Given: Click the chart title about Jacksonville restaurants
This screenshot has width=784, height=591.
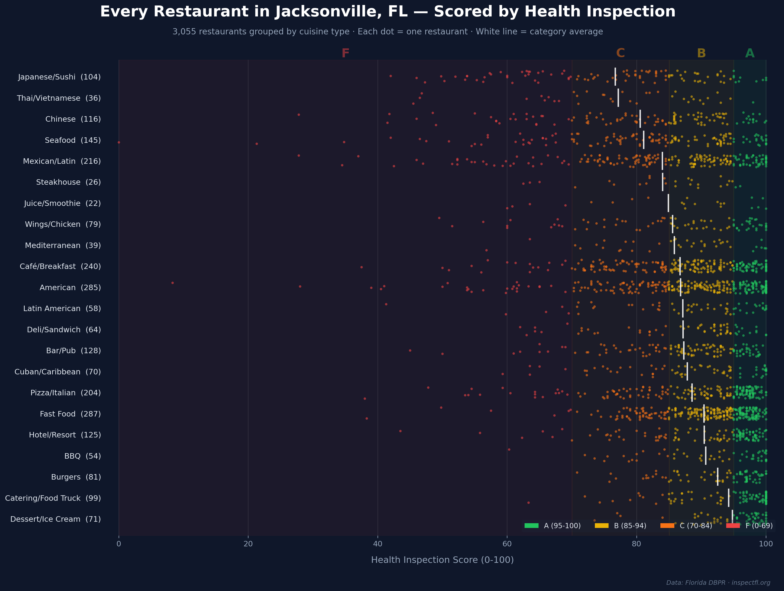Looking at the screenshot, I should point(388,12).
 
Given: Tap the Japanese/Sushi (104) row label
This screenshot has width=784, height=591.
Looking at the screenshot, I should point(59,77).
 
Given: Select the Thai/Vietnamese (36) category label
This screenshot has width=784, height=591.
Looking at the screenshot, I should point(59,98).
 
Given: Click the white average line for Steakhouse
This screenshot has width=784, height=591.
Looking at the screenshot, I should point(662,182).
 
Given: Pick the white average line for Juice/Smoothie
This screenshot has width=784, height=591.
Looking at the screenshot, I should point(668,203).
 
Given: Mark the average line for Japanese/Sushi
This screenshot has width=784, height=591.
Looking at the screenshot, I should point(615,77).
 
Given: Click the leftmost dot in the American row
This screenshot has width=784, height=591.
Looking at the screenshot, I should point(173,283).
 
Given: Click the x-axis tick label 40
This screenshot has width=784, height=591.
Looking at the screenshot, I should point(378,544).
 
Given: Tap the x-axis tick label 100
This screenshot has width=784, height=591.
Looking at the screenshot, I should point(766,544).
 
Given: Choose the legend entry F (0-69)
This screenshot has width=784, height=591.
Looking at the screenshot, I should point(749,526).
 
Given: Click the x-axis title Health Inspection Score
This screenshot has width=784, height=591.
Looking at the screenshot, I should point(442,560).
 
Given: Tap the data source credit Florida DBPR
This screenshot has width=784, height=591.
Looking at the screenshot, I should point(718,583).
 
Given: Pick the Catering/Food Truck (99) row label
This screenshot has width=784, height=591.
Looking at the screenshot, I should point(53,498).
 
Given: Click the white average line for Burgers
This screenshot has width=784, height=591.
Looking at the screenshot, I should point(718,477).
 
